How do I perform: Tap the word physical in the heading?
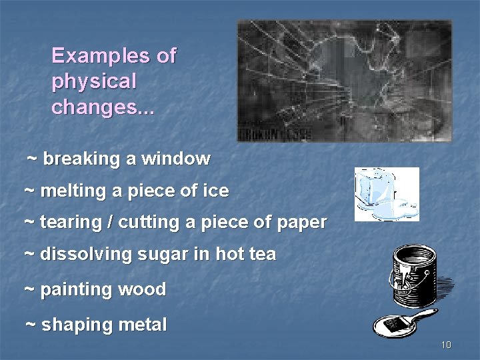(x=93, y=82)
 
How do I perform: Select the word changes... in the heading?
(x=103, y=107)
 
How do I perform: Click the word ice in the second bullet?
(x=217, y=191)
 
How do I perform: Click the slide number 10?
(x=446, y=345)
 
